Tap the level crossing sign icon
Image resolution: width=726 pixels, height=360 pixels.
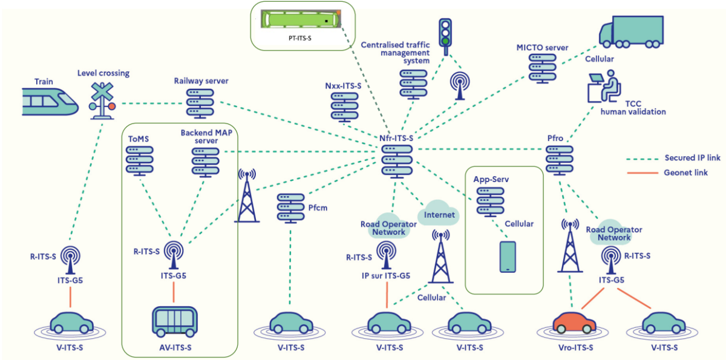[x=102, y=99]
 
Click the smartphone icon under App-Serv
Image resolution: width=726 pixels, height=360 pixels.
[x=507, y=257]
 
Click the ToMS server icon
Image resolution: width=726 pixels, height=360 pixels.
[x=140, y=160]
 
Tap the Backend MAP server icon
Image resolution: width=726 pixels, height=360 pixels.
[x=205, y=160]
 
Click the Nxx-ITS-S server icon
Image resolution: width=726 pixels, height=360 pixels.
[x=345, y=108]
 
